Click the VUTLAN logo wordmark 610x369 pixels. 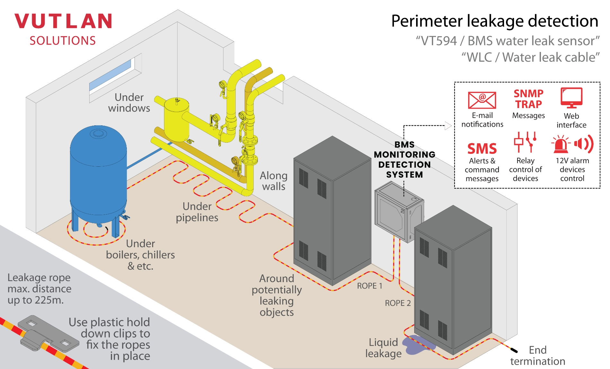point(63,21)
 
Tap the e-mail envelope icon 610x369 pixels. point(482,100)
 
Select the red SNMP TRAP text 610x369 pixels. point(528,99)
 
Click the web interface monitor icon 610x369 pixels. point(571,97)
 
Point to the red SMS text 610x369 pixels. point(482,149)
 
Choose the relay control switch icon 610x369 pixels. point(525,142)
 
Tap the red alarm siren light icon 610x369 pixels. point(560,144)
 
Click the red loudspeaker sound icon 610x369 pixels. point(584,144)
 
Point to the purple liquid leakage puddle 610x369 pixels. point(417,345)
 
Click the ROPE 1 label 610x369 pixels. point(370,286)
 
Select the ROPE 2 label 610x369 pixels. point(397,303)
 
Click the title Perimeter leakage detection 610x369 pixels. point(494,21)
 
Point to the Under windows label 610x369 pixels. point(129,103)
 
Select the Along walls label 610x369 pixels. point(274,181)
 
